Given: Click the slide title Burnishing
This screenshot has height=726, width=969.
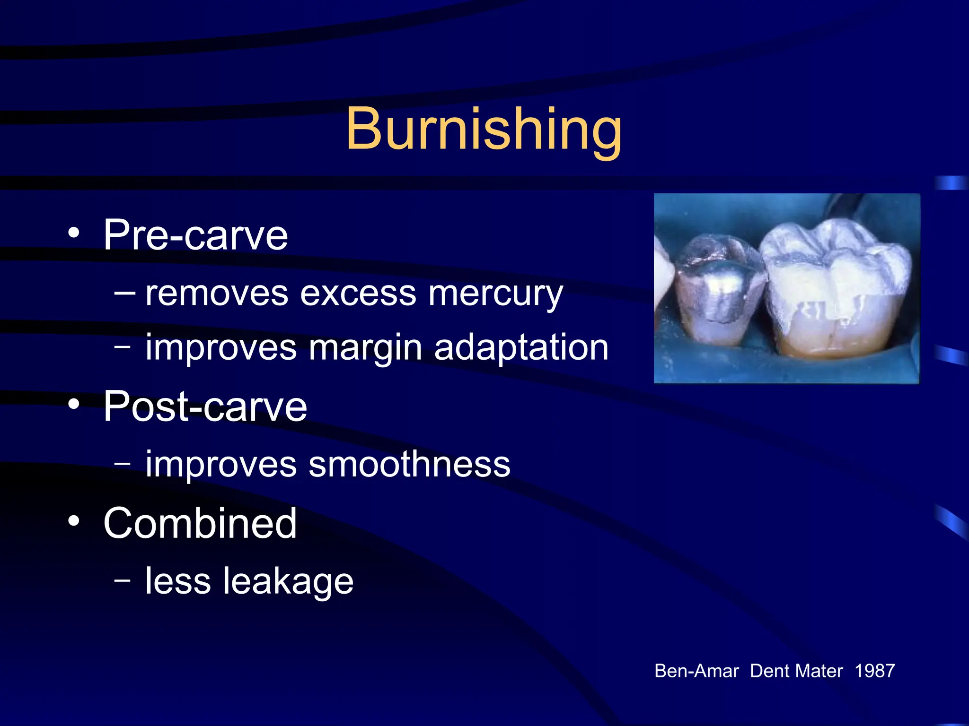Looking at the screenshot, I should click(484, 129).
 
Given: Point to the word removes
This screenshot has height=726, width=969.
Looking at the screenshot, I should click(216, 294).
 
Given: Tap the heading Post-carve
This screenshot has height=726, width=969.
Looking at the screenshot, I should click(205, 406).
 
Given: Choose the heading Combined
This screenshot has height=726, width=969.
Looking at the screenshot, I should click(200, 523).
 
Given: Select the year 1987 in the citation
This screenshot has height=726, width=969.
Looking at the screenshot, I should click(874, 671).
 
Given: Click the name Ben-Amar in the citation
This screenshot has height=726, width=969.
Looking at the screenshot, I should click(696, 671).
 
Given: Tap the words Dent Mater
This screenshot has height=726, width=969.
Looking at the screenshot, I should click(796, 671).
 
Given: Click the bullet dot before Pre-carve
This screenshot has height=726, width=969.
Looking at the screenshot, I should click(73, 233).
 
